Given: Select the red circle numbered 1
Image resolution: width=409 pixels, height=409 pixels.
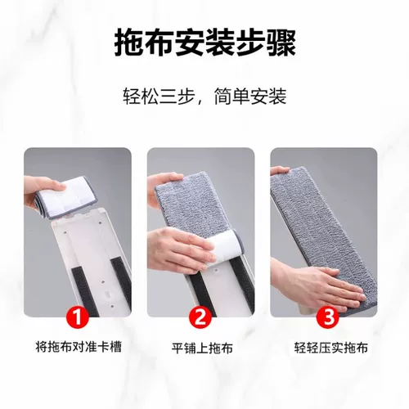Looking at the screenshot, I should [79, 316].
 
